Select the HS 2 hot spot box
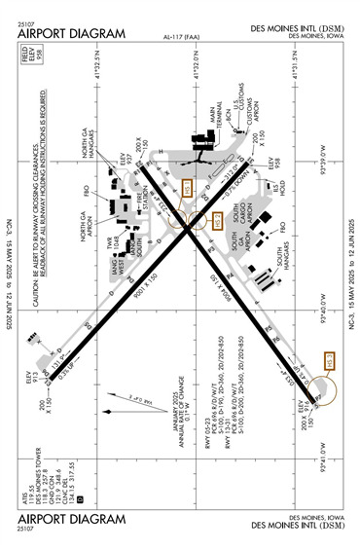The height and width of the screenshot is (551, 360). click(x=218, y=221)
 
